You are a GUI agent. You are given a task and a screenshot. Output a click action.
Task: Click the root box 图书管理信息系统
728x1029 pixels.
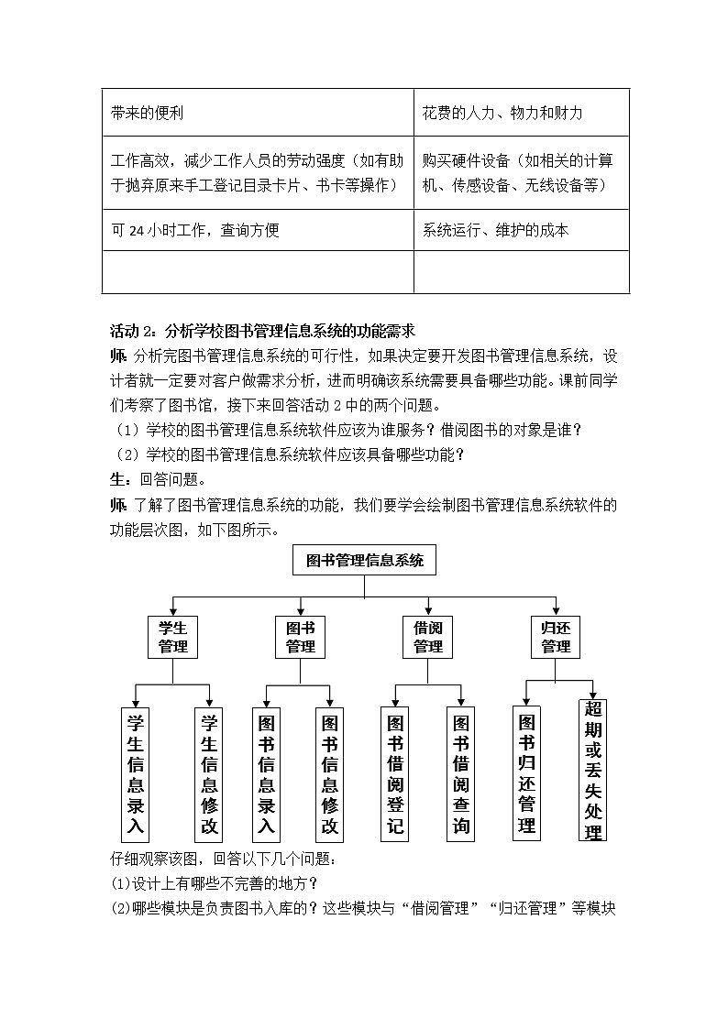[365, 561]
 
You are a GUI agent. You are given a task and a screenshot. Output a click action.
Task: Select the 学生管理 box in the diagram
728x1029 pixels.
[173, 638]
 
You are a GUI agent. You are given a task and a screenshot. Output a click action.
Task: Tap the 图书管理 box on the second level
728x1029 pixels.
[301, 638]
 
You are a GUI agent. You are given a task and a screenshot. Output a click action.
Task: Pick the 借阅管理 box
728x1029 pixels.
[428, 638]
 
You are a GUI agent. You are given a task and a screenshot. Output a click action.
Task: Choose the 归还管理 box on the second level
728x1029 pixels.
[556, 638]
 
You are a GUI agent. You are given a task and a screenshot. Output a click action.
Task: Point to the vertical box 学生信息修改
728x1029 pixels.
[210, 773]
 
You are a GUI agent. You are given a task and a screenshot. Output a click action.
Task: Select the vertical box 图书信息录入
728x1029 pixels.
[267, 773]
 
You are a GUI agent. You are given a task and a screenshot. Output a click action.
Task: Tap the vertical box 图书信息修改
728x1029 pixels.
[330, 773]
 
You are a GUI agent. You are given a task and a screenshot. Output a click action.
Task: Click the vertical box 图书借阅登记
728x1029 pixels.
[395, 773]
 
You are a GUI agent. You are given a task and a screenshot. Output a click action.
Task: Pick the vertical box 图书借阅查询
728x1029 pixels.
[461, 773]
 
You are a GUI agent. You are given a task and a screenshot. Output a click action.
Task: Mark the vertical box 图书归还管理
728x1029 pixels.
[526, 772]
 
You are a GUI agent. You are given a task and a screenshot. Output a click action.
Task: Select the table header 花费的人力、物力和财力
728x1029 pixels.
[502, 113]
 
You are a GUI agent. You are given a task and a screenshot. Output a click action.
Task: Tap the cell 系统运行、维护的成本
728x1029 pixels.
[495, 230]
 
